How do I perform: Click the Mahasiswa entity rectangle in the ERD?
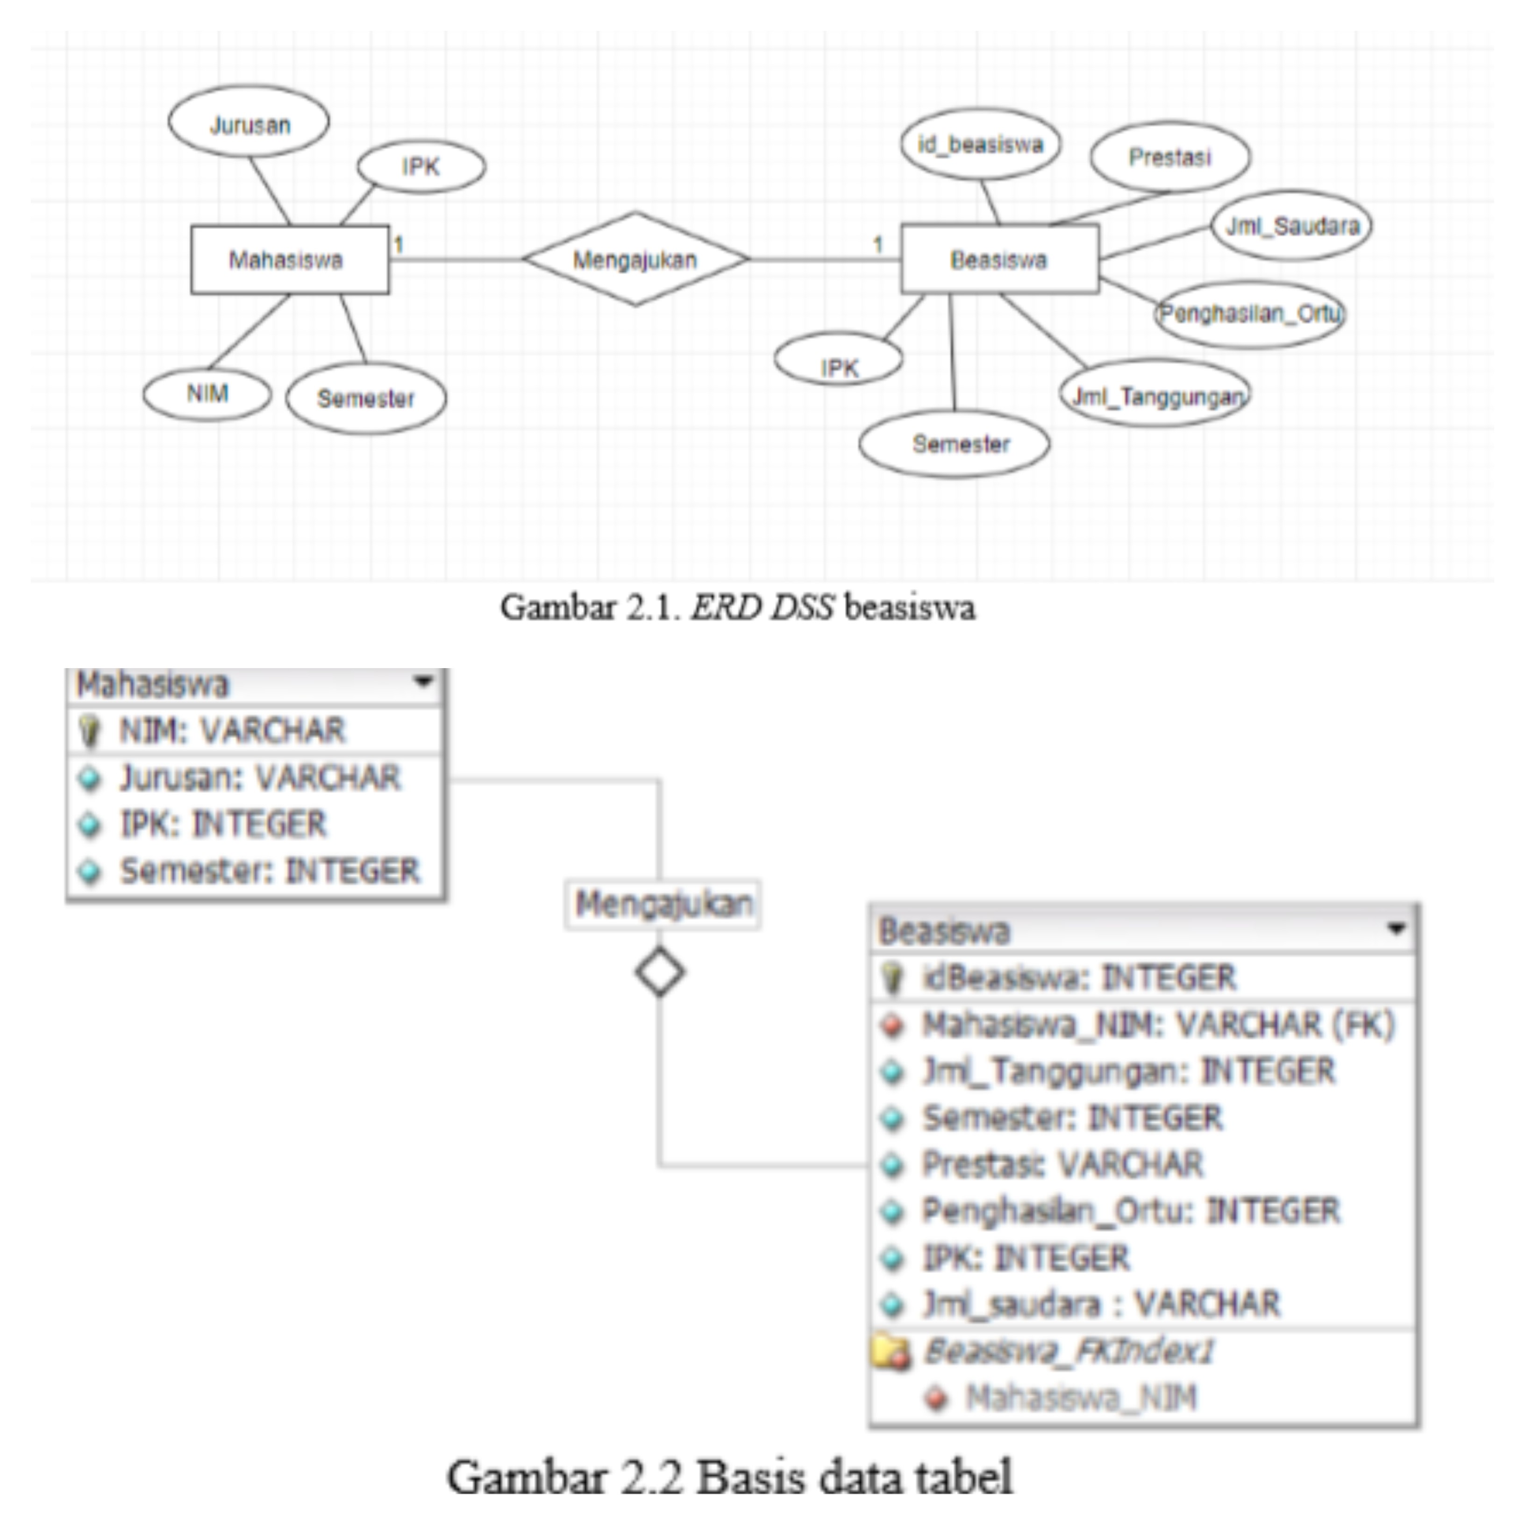tap(289, 260)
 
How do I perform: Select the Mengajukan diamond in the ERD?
tap(635, 259)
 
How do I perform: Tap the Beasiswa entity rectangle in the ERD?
tap(998, 260)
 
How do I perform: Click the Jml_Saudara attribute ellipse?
tap(1291, 226)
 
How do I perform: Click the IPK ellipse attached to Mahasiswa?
tap(420, 166)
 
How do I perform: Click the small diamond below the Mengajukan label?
tap(659, 972)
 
